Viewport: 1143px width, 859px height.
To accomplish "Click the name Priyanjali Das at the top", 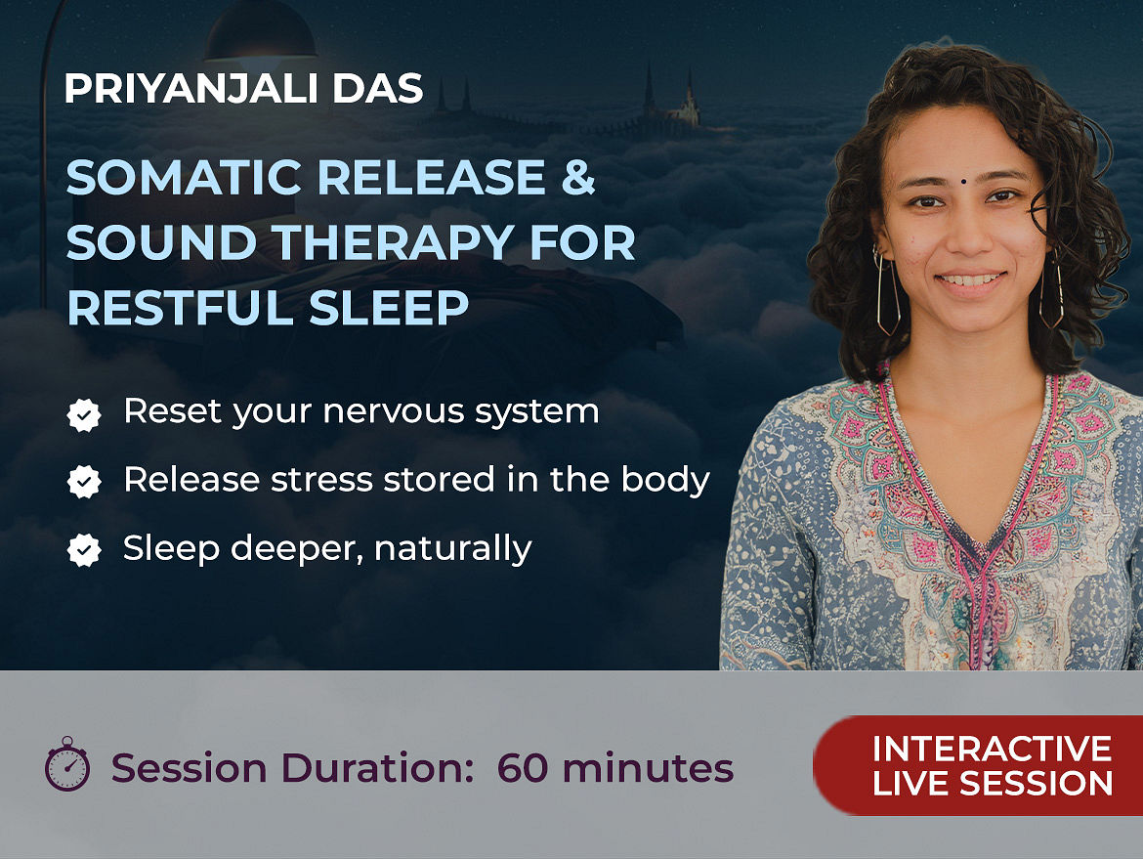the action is pos(243,88).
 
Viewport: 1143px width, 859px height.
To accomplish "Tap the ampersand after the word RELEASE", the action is pos(578,177).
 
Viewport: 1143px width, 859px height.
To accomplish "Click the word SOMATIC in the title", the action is pos(184,177).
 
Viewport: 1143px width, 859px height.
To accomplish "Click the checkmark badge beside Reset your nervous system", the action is pos(84,415).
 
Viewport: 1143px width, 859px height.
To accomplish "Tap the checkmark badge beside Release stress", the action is pos(84,482).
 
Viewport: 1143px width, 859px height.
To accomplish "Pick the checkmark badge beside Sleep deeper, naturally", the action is pos(84,550).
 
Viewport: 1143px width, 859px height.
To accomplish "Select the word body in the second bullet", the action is pos(665,480).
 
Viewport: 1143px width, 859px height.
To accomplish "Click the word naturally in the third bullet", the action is pos(452,548).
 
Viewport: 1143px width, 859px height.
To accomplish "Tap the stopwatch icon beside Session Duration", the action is pos(67,764).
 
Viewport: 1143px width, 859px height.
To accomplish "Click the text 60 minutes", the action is pos(615,768).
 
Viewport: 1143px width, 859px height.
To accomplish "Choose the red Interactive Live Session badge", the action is pos(978,765).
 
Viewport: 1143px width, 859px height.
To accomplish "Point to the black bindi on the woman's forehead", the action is pos(963,182).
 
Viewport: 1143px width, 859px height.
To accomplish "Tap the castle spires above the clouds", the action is pos(670,99).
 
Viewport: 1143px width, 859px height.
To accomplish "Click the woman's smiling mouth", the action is pos(969,280).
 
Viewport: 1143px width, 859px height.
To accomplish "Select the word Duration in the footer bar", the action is pos(377,768).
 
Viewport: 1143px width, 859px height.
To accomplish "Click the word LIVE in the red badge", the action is pos(910,784).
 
